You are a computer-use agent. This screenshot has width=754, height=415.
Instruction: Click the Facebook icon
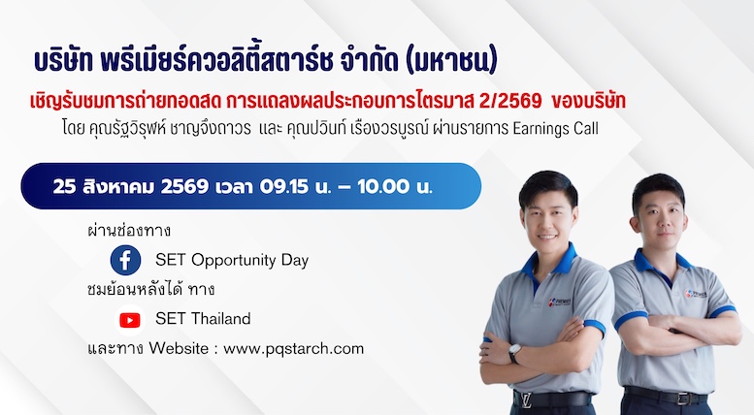[125, 260]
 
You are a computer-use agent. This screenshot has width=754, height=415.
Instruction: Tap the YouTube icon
[130, 319]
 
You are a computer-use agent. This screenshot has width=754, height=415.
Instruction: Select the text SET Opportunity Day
[232, 260]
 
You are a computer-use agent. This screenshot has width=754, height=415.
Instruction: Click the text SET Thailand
[203, 318]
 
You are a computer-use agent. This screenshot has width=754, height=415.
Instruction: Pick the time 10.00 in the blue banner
[383, 186]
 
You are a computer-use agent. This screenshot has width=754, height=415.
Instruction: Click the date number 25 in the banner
[64, 186]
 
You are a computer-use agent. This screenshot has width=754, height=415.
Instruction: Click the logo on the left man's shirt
[559, 302]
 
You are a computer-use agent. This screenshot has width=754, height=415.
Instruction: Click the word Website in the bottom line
[179, 348]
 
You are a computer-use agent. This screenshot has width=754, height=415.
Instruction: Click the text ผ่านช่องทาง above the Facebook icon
[129, 231]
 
